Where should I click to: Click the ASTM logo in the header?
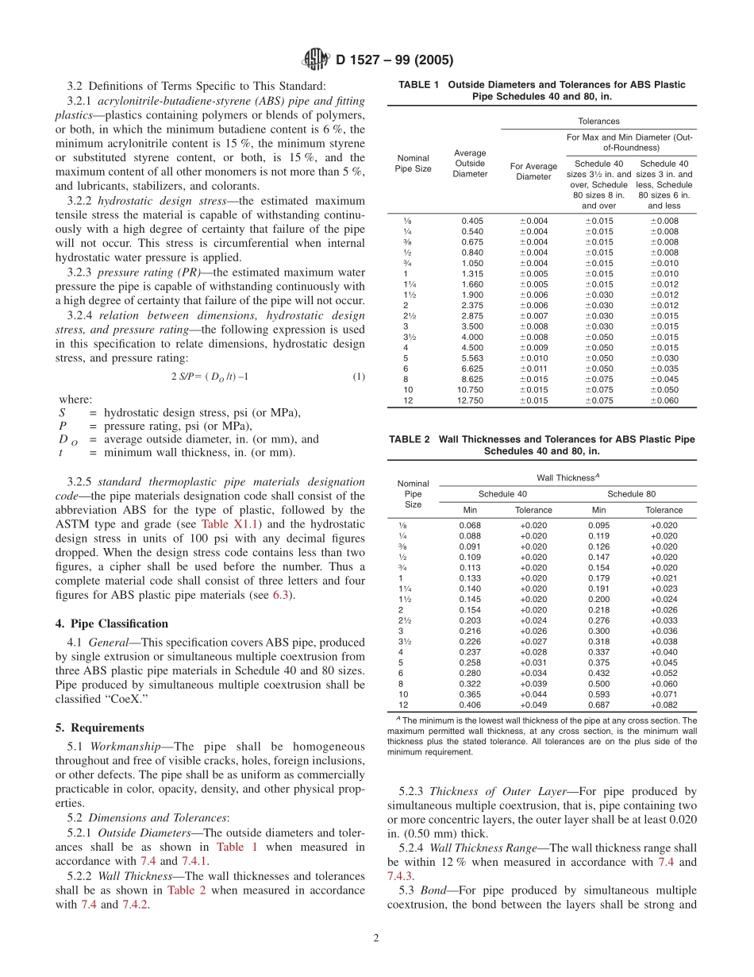pos(317,60)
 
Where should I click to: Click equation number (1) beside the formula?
pos(358,377)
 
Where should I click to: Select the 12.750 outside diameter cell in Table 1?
pos(470,400)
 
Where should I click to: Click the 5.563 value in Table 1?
pos(470,357)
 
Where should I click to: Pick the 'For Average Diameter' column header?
pos(533,172)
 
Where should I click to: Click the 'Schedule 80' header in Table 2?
pos(631,493)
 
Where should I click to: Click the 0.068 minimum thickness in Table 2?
pos(470,525)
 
